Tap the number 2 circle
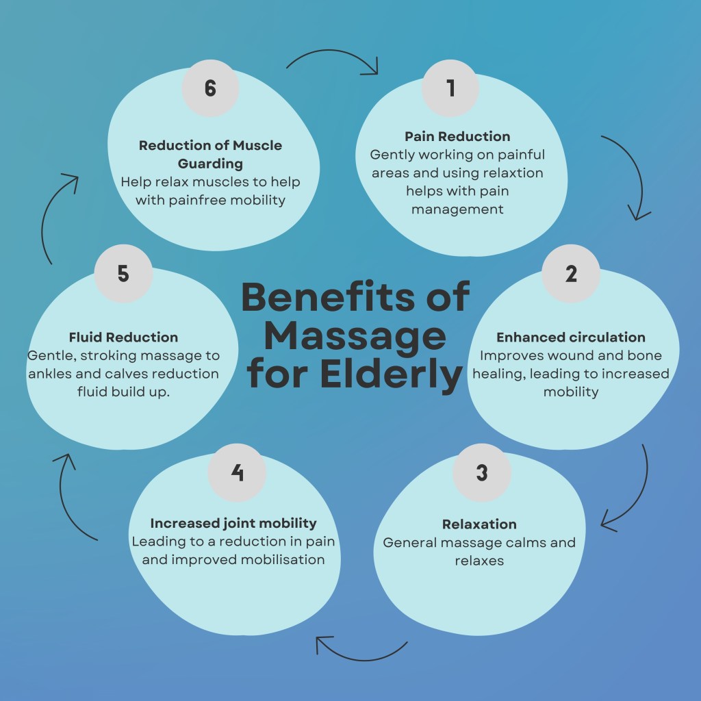pos(571,274)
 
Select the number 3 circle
pos(481,473)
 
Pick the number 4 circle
pos(237,472)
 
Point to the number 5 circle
pos(123,274)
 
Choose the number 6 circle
pos(210,89)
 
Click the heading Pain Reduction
pos(457,136)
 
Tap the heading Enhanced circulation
pos(571,337)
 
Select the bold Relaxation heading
pos(479,524)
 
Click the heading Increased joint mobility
pos(233,523)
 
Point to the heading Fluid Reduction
pos(123,337)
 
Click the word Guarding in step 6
pos(210,164)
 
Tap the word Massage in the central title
pos(355,336)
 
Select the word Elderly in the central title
pos(404,374)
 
